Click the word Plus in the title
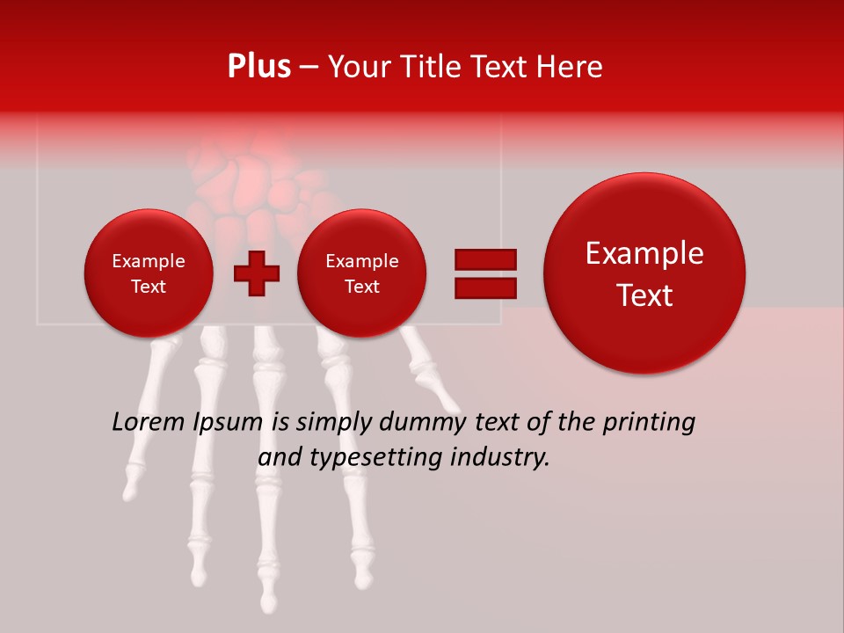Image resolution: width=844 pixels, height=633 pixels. pos(258,67)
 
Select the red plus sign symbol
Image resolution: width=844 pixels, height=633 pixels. pos(256,273)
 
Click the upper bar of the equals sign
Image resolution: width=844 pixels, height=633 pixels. pos(484,259)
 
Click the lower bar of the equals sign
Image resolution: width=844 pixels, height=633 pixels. pos(484,287)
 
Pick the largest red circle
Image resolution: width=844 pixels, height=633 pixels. pos(644,273)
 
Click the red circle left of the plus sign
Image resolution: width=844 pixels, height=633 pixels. pos(149,273)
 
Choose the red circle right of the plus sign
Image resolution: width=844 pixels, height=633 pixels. pos(362,273)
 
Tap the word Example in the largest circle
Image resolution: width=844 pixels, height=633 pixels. pos(644,253)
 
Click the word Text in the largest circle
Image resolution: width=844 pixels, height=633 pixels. pos(644,295)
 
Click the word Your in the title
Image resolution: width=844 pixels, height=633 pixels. pos(357,67)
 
